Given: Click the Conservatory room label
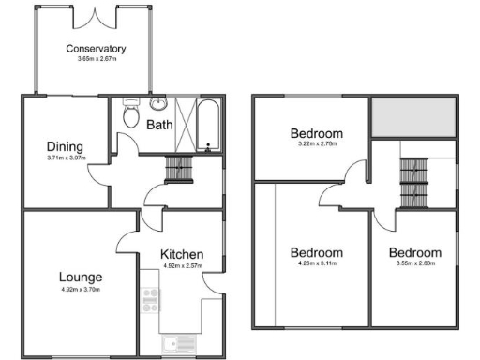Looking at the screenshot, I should click(96, 48).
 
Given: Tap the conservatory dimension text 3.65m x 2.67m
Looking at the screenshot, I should click(96, 59).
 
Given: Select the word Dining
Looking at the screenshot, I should click(66, 146).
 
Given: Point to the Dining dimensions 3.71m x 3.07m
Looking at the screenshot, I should click(66, 157).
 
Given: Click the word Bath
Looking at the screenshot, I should click(159, 124).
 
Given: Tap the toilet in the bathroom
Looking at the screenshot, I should click(131, 115).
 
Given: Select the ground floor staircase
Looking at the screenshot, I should click(178, 170).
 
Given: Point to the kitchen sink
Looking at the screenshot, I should click(178, 343).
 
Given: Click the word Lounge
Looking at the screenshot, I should click(80, 277).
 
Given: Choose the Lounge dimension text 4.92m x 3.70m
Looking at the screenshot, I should click(80, 290).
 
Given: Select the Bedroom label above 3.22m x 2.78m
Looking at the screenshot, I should click(315, 133).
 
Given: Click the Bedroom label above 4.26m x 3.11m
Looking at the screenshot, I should click(315, 253).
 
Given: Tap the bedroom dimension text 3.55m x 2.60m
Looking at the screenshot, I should click(414, 265).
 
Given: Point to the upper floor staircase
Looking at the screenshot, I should click(413, 183).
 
